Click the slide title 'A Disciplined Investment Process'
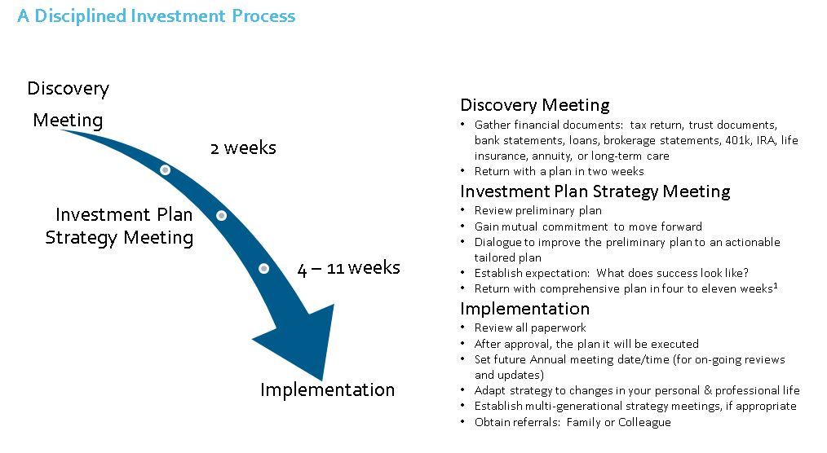click(156, 16)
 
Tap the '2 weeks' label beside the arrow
click(243, 148)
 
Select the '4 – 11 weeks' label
click(348, 267)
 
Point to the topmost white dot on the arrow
click(165, 170)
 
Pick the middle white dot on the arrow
click(222, 215)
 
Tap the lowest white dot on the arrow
click(263, 269)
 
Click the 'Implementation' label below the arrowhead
click(328, 389)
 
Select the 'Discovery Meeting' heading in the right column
click(535, 105)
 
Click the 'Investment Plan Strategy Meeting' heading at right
click(595, 191)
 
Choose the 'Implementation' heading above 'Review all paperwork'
click(524, 309)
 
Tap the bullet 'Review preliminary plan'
click(538, 211)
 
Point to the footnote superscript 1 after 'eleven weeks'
click(776, 285)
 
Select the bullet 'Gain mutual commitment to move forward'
click(588, 226)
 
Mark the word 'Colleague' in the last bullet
click(644, 423)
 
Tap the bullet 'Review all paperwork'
click(530, 328)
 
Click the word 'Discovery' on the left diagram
click(68, 89)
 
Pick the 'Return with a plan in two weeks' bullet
click(559, 172)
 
